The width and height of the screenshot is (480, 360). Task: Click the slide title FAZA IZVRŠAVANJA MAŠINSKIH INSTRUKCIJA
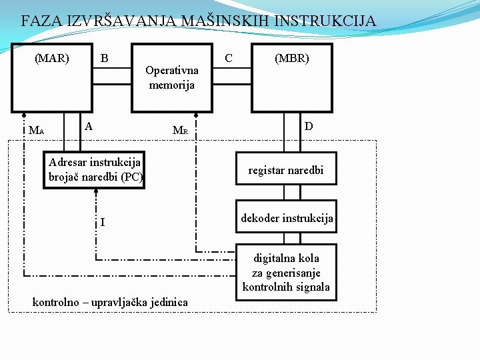(x=198, y=21)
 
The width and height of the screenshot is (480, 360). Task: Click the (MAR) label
(x=52, y=58)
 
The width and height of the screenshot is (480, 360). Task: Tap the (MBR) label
(x=292, y=58)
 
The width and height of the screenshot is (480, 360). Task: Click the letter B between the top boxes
(x=104, y=58)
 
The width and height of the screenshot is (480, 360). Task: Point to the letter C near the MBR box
(x=229, y=58)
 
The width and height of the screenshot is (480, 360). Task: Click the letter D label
(x=309, y=126)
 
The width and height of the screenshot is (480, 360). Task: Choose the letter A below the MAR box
(x=89, y=126)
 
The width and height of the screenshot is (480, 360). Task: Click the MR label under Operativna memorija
(x=180, y=131)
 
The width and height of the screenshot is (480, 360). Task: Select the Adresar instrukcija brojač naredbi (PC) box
(x=94, y=170)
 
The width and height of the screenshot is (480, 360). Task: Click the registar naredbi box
(x=285, y=170)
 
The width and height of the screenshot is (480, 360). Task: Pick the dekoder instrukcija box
(x=286, y=217)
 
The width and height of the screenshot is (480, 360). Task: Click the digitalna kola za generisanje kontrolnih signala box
(x=286, y=272)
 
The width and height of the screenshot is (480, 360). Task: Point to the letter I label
(x=102, y=221)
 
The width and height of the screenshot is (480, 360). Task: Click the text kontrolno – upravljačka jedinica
(x=110, y=303)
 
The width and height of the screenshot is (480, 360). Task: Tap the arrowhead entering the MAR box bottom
(x=23, y=114)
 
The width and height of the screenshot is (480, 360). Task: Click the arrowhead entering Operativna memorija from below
(x=195, y=114)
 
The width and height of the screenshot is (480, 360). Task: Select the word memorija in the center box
(x=172, y=85)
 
